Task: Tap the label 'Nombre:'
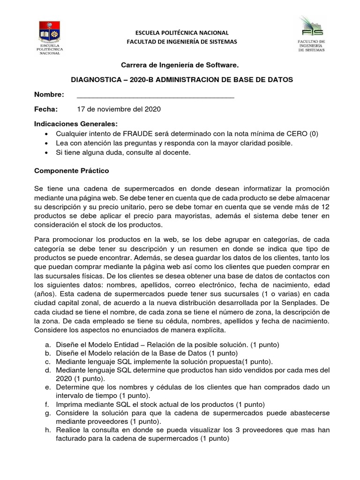[x=49, y=95]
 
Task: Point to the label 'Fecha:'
[x=45, y=109]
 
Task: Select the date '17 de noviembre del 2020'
[x=119, y=109]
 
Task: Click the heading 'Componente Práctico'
[x=72, y=171]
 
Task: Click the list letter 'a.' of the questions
[x=47, y=345]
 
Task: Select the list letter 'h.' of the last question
[x=47, y=430]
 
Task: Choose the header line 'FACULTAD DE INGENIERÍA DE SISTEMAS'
[x=182, y=42]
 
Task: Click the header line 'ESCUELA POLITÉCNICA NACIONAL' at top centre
[x=182, y=32]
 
